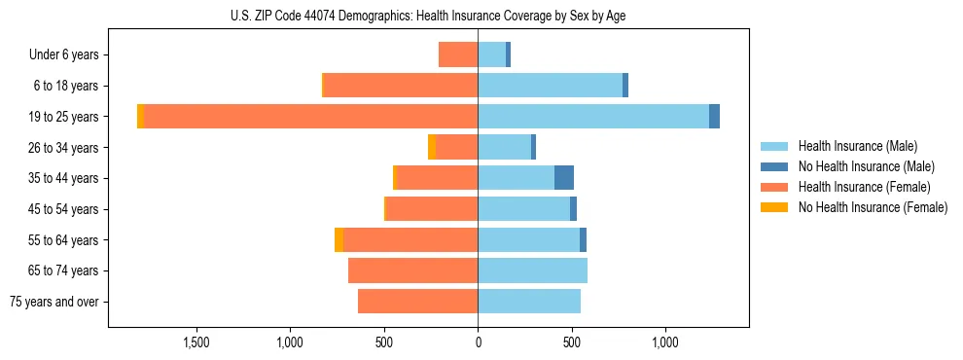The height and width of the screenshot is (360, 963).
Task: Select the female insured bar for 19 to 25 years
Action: [x=310, y=117]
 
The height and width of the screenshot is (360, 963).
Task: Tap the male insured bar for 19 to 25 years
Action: [x=593, y=117]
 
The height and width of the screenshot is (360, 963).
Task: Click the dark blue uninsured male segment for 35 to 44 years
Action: [x=564, y=178]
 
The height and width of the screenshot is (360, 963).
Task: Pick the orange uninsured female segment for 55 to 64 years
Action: [x=339, y=240]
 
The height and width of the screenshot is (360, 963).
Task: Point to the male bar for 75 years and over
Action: [x=529, y=302]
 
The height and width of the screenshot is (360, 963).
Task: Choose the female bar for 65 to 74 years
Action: [x=412, y=270]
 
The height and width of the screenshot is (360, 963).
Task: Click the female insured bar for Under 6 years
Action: [x=458, y=54]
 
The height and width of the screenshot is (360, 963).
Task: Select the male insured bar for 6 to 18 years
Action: [x=550, y=86]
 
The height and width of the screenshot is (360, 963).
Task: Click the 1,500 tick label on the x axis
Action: [x=196, y=343]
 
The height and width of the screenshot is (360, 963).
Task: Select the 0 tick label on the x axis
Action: [x=478, y=343]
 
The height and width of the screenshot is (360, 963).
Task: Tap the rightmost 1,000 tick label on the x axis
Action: [x=665, y=343]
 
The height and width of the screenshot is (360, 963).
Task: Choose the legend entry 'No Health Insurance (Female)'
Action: [x=873, y=207]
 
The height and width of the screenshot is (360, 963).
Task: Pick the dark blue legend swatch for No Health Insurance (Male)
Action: [x=774, y=166]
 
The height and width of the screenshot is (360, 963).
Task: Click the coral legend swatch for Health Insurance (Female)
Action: [x=774, y=187]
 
